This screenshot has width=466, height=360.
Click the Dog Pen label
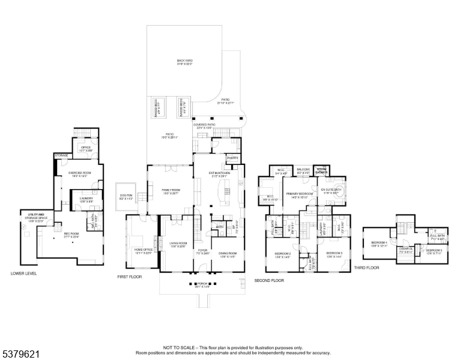[126, 197]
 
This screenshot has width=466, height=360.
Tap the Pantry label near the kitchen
[233, 158]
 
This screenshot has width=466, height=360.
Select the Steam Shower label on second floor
[322, 170]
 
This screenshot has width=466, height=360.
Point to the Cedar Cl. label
[405, 250]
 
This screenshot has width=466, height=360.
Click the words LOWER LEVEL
[24, 273]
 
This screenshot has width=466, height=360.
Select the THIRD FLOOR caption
[366, 268]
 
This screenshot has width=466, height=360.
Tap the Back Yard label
[184, 61]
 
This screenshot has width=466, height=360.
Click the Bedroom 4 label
[377, 242]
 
